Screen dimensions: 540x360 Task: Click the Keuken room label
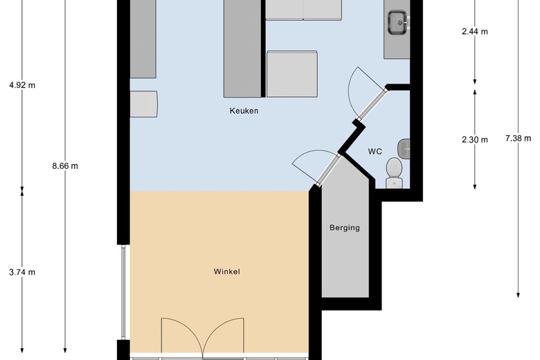point(244,111)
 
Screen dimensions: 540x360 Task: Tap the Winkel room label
point(226,271)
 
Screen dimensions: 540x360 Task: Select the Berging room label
point(344,228)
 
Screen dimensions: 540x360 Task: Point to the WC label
point(375,152)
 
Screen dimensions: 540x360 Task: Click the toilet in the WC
point(395,173)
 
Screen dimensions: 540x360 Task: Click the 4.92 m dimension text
point(22,85)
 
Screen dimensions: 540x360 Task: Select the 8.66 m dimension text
point(65,166)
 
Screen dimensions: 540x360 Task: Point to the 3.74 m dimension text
point(22,272)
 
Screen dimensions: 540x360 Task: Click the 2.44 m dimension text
point(474,32)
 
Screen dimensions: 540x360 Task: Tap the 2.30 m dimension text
point(474,140)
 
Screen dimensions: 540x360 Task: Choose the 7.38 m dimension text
point(518,138)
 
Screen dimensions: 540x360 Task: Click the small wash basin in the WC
point(404,149)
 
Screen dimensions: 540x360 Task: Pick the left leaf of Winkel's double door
point(182,336)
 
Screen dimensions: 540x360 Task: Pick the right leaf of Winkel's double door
point(224,336)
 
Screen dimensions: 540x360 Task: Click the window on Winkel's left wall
point(123,292)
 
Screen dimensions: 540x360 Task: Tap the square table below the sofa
point(292,74)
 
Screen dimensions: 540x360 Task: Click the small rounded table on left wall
point(143,104)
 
